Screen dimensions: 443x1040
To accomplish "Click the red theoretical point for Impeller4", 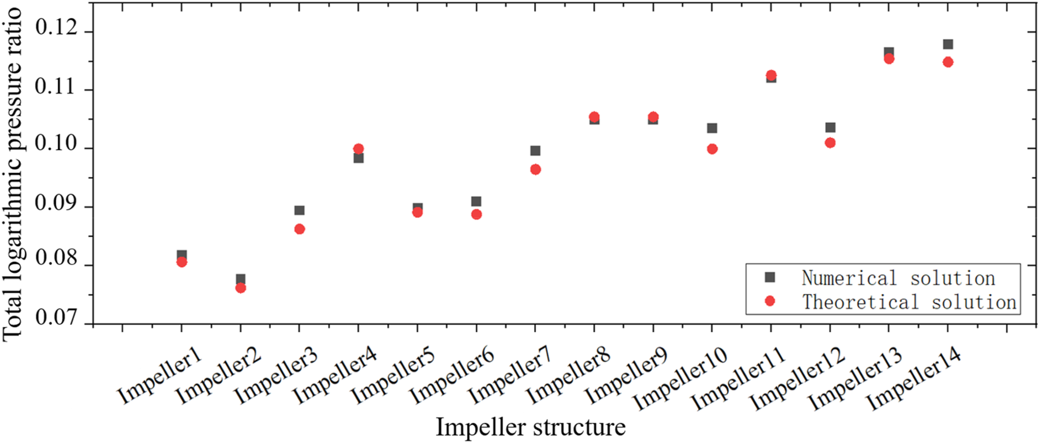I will tap(358, 149).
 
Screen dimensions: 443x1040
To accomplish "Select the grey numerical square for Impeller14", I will tap(948, 44).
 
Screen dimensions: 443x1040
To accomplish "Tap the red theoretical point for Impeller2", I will tap(241, 288).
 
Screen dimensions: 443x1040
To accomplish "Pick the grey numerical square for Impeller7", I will tap(535, 151).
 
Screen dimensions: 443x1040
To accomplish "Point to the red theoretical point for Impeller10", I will tap(712, 149).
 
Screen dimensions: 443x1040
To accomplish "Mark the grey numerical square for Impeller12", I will tap(830, 127).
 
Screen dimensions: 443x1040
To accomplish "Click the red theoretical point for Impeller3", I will tap(300, 229).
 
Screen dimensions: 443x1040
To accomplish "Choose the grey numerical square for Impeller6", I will tap(476, 201).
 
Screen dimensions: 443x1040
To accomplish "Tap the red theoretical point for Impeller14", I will tap(948, 62).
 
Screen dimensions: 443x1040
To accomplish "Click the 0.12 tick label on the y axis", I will tap(56, 27).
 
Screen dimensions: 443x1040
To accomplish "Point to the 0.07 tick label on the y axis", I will tap(56, 317).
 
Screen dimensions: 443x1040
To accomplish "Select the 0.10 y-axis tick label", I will tap(56, 144).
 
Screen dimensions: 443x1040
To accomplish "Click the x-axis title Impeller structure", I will tap(530, 427).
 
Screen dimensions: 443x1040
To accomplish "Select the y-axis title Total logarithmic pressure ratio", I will tap(13, 173).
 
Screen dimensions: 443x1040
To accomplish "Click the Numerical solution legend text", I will tap(898, 278).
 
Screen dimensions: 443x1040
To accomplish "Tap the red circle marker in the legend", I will tap(770, 301).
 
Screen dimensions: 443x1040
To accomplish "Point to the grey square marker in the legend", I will tap(770, 277).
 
